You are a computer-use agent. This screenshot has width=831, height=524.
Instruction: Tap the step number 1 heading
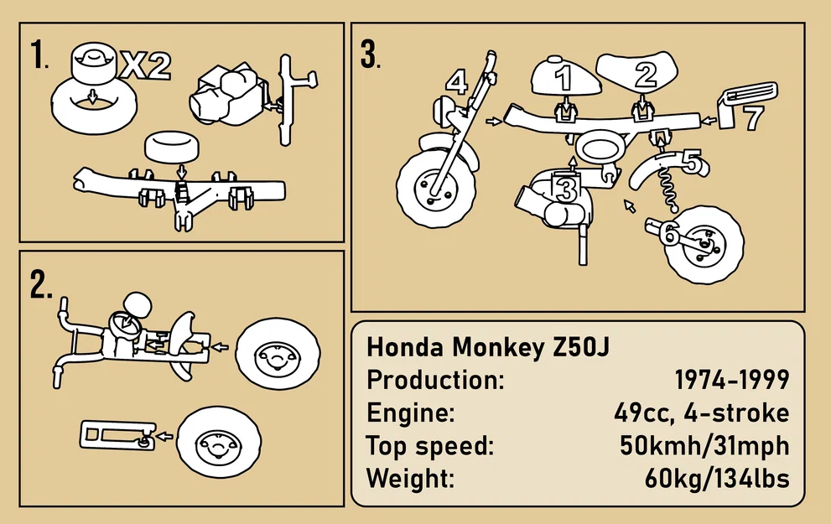tap(39, 56)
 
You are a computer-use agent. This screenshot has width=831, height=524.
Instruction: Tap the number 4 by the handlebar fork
tap(455, 82)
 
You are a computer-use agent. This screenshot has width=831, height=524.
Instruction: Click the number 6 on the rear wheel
tap(668, 235)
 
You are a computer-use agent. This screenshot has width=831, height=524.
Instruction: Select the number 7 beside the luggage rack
tap(752, 118)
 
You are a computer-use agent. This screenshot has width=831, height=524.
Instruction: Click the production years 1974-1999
tap(731, 380)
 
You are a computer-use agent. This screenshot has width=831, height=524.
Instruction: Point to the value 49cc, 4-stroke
tap(701, 413)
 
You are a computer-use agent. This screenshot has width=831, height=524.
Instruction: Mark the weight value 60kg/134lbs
tap(716, 479)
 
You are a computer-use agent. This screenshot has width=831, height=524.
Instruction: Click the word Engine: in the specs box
tap(411, 413)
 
